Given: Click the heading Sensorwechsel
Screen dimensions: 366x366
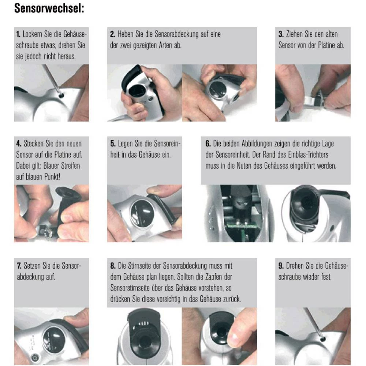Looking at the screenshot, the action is click(x=49, y=8).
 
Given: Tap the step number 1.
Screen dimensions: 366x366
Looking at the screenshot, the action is click(x=18, y=34).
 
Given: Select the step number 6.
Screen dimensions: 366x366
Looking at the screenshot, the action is click(x=208, y=143).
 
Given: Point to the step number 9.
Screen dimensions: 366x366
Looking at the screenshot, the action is click(x=281, y=266).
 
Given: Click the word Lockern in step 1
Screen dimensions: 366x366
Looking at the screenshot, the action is click(x=33, y=34).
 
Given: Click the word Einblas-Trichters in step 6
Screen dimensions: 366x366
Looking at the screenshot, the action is click(x=308, y=154).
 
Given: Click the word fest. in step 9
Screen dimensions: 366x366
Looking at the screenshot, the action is click(x=326, y=277).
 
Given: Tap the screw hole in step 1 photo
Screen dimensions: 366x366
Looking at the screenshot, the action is click(x=61, y=96).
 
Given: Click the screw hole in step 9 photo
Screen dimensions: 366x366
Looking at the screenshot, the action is click(x=322, y=339).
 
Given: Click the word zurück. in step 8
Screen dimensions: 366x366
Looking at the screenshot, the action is click(x=232, y=299).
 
